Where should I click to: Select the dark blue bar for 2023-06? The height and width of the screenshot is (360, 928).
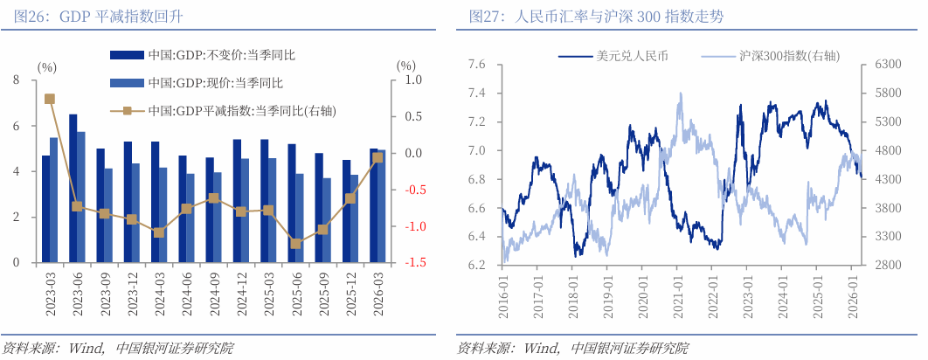[x=73, y=188]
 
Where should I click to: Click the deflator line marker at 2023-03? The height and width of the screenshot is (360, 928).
[x=50, y=99]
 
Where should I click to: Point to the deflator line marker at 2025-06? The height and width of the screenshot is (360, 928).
[x=295, y=244]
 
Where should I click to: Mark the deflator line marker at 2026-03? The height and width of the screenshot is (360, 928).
[x=377, y=157]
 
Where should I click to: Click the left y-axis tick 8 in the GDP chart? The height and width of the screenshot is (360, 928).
[x=15, y=80]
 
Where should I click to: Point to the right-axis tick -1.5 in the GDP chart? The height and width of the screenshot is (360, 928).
[x=415, y=263]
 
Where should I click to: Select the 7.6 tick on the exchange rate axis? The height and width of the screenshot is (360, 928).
[x=476, y=65]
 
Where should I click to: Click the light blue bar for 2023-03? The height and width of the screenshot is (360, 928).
[x=53, y=200]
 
